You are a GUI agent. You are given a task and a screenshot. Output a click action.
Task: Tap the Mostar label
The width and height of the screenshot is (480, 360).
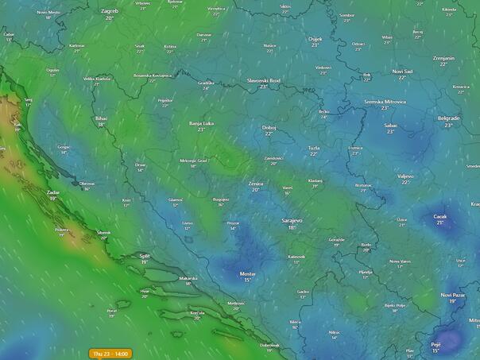pos(247,273)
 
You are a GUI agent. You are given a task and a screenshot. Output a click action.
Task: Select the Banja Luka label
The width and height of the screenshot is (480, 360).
pos(201,124)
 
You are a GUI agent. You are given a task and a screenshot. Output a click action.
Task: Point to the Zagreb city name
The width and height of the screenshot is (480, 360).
pos(109,11)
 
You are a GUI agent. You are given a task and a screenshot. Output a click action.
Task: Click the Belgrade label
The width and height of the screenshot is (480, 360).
pos(449,118)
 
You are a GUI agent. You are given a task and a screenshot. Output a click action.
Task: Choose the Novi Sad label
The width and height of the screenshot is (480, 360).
pos(403,72)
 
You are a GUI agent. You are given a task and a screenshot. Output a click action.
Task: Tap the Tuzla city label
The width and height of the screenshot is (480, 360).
pos(314,148)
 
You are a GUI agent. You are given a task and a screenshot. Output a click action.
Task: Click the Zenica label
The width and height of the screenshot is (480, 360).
pos(256,183)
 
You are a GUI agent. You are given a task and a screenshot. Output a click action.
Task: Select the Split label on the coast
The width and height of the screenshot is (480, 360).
pos(145,256)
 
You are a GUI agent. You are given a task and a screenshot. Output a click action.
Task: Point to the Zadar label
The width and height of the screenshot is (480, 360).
pos(53,192)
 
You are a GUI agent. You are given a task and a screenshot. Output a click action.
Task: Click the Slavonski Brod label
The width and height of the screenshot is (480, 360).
pos(264,80)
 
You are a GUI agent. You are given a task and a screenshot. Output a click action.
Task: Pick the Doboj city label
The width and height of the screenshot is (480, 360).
pos(269,127)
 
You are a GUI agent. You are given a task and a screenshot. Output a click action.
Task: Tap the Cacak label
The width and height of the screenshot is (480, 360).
pos(439,216)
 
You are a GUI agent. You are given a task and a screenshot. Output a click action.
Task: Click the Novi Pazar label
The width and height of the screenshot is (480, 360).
pos(452,295)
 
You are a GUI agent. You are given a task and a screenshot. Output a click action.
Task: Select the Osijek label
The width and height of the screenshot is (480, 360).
pos(315,39)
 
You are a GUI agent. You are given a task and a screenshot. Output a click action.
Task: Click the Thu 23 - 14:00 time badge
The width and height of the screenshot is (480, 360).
pos(110,353)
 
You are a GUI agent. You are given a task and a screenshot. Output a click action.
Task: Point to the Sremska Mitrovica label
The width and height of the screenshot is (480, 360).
pos(385,102)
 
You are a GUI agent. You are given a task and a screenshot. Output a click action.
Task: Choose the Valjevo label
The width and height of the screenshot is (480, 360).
pos(405,176)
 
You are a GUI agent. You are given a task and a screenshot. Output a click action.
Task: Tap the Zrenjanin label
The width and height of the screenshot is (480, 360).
pos(443,58)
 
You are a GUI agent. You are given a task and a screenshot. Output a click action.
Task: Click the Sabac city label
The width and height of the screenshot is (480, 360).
pos(390,125)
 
